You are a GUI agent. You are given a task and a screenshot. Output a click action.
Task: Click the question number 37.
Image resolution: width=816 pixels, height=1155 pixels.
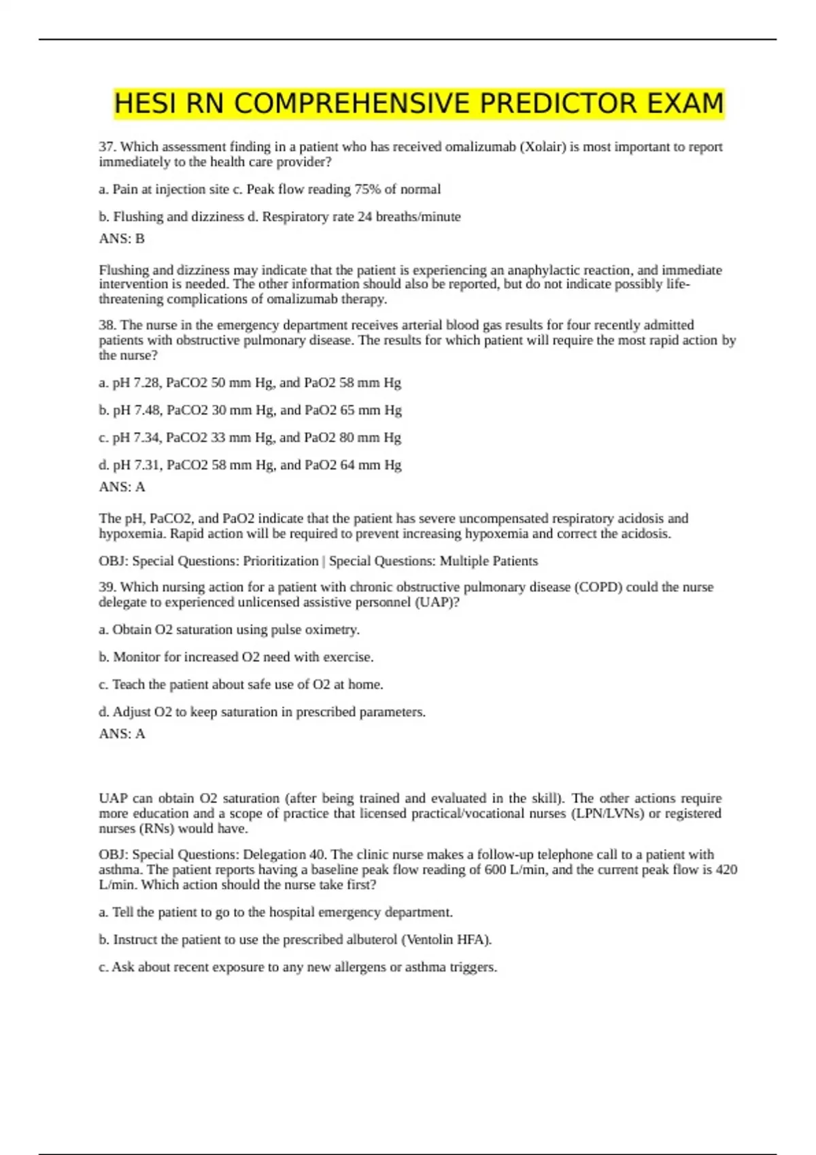[x=107, y=147]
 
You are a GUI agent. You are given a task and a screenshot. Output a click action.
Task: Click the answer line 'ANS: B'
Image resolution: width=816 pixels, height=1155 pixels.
[x=122, y=238]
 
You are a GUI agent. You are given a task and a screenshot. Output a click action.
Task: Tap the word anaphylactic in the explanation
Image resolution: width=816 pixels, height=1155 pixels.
[x=545, y=270]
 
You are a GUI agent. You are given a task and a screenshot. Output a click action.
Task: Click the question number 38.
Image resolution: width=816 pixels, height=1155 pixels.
[x=107, y=325]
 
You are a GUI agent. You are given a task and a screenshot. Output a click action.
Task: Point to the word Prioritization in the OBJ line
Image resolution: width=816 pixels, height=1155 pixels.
[x=281, y=561]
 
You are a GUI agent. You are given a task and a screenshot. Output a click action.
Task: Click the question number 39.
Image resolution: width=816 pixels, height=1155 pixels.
[x=107, y=587]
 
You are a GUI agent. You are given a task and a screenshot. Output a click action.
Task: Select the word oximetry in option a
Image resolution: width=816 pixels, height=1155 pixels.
[x=332, y=630]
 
